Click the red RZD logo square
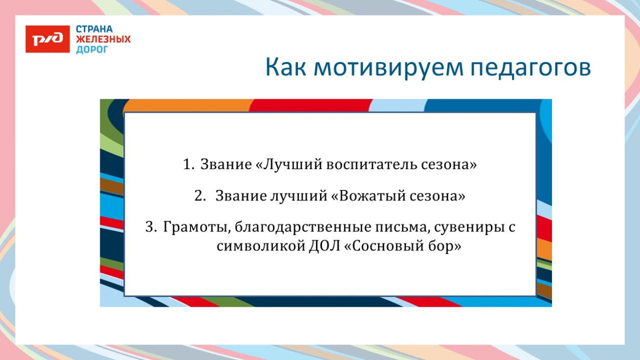point(47,39)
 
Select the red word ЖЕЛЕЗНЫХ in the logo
point(103,39)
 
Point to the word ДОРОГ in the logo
point(92,50)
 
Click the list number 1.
point(187,165)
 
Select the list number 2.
point(200,196)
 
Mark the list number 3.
point(151,227)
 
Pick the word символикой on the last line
point(260,246)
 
